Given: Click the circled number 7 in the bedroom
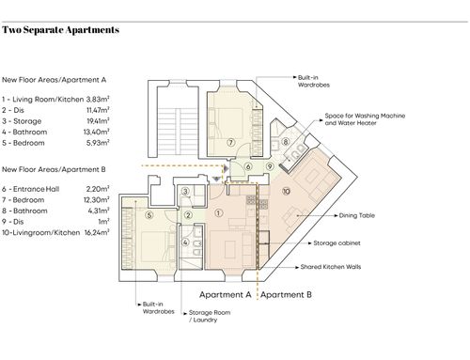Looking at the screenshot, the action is [231, 143].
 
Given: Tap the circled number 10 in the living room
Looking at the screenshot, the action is [286, 191].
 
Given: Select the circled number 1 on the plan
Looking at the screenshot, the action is [219, 213].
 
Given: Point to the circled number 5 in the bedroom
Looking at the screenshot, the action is [149, 215].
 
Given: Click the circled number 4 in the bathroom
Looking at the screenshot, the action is [185, 243].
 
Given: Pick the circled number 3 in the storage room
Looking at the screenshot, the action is [185, 191].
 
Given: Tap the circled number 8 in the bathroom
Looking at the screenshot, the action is [285, 142].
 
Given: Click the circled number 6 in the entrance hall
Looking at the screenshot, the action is [248, 166].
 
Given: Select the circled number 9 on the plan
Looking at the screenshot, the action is [270, 166].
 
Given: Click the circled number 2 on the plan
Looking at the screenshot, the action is [188, 215].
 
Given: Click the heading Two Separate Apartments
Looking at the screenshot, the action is [60, 30].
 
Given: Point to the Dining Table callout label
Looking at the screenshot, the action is [357, 215].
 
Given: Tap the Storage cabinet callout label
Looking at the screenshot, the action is [337, 243].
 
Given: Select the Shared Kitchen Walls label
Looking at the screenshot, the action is [331, 267].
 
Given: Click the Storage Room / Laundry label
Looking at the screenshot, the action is [210, 316].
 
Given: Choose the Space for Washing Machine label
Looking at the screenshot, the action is [365, 116].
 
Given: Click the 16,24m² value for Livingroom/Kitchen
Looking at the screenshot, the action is [97, 232].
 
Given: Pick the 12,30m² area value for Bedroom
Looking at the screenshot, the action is [98, 199].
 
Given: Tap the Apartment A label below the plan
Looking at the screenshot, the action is [226, 295].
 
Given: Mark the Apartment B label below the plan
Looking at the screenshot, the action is [286, 295].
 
